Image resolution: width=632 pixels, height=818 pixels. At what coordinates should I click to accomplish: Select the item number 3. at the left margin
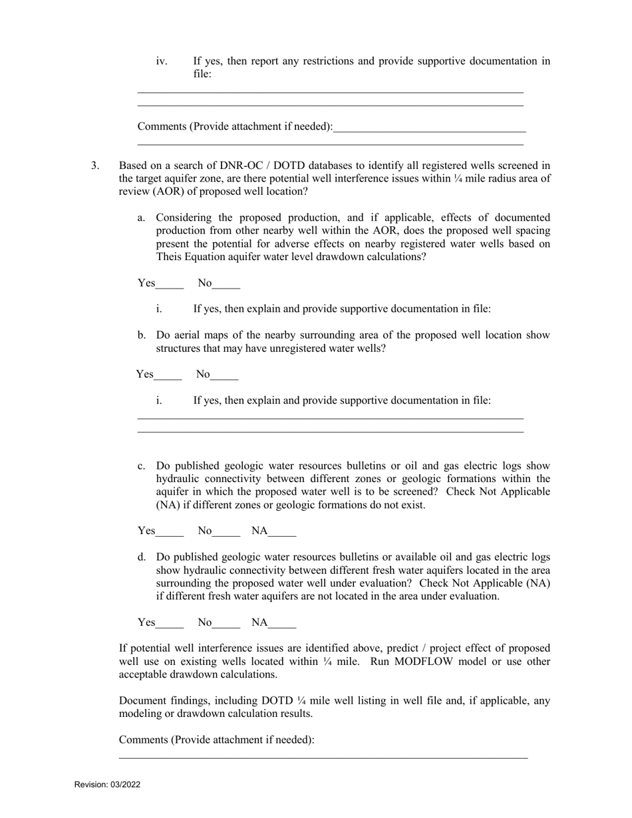click(95, 166)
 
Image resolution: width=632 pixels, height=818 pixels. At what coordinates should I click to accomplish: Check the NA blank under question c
click(283, 531)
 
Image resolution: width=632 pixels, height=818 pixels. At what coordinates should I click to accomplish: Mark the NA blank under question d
click(283, 623)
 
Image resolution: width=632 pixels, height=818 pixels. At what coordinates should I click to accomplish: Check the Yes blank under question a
click(170, 284)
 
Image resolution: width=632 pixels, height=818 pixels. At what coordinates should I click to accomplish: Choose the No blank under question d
click(227, 623)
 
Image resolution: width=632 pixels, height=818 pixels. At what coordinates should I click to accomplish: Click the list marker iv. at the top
click(162, 61)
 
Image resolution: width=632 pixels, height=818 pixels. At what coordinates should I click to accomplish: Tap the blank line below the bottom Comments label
click(323, 755)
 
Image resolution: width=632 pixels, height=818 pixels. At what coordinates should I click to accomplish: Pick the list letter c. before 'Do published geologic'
click(142, 466)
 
